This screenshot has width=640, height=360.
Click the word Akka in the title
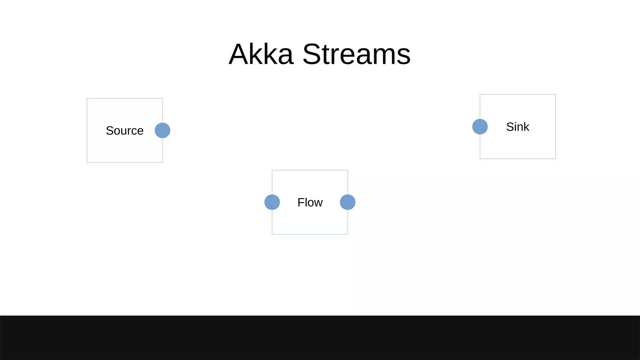[x=261, y=54]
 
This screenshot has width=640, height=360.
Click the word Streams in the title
[x=357, y=54]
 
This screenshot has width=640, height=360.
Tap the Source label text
[x=125, y=131]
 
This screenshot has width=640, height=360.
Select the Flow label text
[x=310, y=202]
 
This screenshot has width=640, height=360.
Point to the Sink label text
[x=517, y=127]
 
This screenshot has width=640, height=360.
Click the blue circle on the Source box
[x=162, y=130]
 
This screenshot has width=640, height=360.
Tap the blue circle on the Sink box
[x=480, y=127]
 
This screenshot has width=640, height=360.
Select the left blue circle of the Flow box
[x=272, y=202]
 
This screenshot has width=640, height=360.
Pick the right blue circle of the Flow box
[x=347, y=202]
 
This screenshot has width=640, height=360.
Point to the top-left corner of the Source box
[x=87, y=98]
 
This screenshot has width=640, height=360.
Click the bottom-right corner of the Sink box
[x=555, y=159]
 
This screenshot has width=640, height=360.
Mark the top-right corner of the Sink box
[x=555, y=95]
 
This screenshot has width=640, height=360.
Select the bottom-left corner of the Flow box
[x=272, y=234]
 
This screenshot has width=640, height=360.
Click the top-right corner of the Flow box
[x=347, y=170]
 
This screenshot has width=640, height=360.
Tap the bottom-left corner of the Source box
[x=87, y=162]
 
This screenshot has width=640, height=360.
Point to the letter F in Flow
[x=301, y=202]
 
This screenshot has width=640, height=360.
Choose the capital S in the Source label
[x=110, y=131]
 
